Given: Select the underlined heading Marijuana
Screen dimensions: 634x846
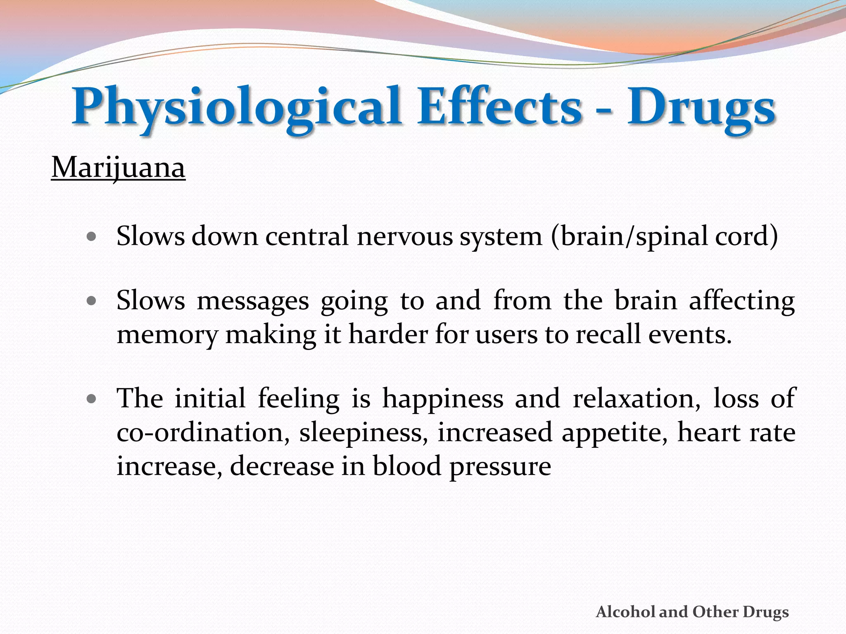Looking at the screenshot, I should pyautogui.click(x=118, y=168).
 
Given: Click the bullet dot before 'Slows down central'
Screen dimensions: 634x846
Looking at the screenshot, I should pyautogui.click(x=92, y=237).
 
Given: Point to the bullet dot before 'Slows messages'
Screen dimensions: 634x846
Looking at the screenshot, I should pyautogui.click(x=92, y=301).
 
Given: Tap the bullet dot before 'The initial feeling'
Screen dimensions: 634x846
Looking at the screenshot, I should pyautogui.click(x=92, y=399).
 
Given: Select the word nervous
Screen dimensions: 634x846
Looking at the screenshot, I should pyautogui.click(x=405, y=237).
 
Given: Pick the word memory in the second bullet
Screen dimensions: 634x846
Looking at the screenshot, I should pyautogui.click(x=167, y=335).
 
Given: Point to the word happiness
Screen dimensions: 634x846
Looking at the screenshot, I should pyautogui.click(x=443, y=399).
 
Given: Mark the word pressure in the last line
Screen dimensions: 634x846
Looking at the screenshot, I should pyautogui.click(x=500, y=467).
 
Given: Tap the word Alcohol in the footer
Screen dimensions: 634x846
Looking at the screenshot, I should pyautogui.click(x=625, y=612).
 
